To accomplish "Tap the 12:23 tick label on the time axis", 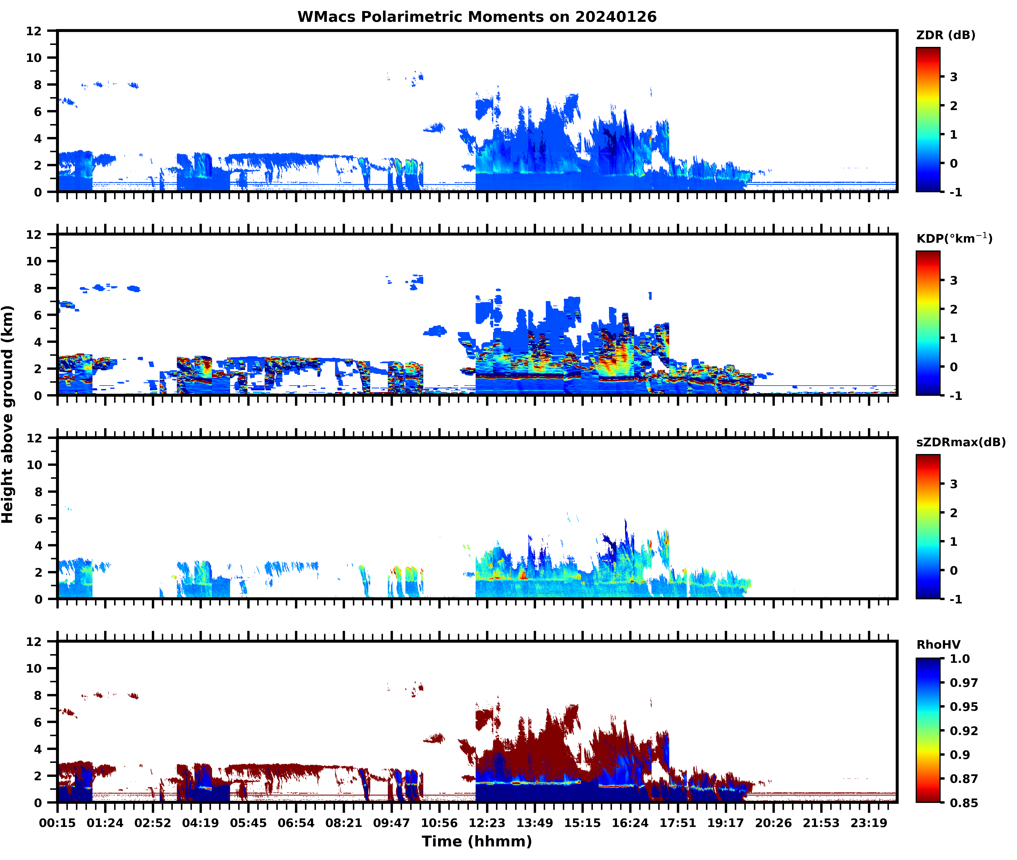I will click(487, 823).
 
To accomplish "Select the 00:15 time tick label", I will click(57, 823).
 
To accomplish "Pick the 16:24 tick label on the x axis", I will click(630, 823).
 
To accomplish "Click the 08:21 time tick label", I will click(344, 823).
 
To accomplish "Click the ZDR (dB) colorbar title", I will click(945, 35).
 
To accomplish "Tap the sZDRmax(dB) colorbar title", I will click(960, 442).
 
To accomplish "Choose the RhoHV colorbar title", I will click(938, 645).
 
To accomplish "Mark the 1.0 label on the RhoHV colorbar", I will click(960, 659).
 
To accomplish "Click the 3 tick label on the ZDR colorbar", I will click(954, 77).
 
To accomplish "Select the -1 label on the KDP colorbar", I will click(956, 396).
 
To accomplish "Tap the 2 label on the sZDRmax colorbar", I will click(954, 513).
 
